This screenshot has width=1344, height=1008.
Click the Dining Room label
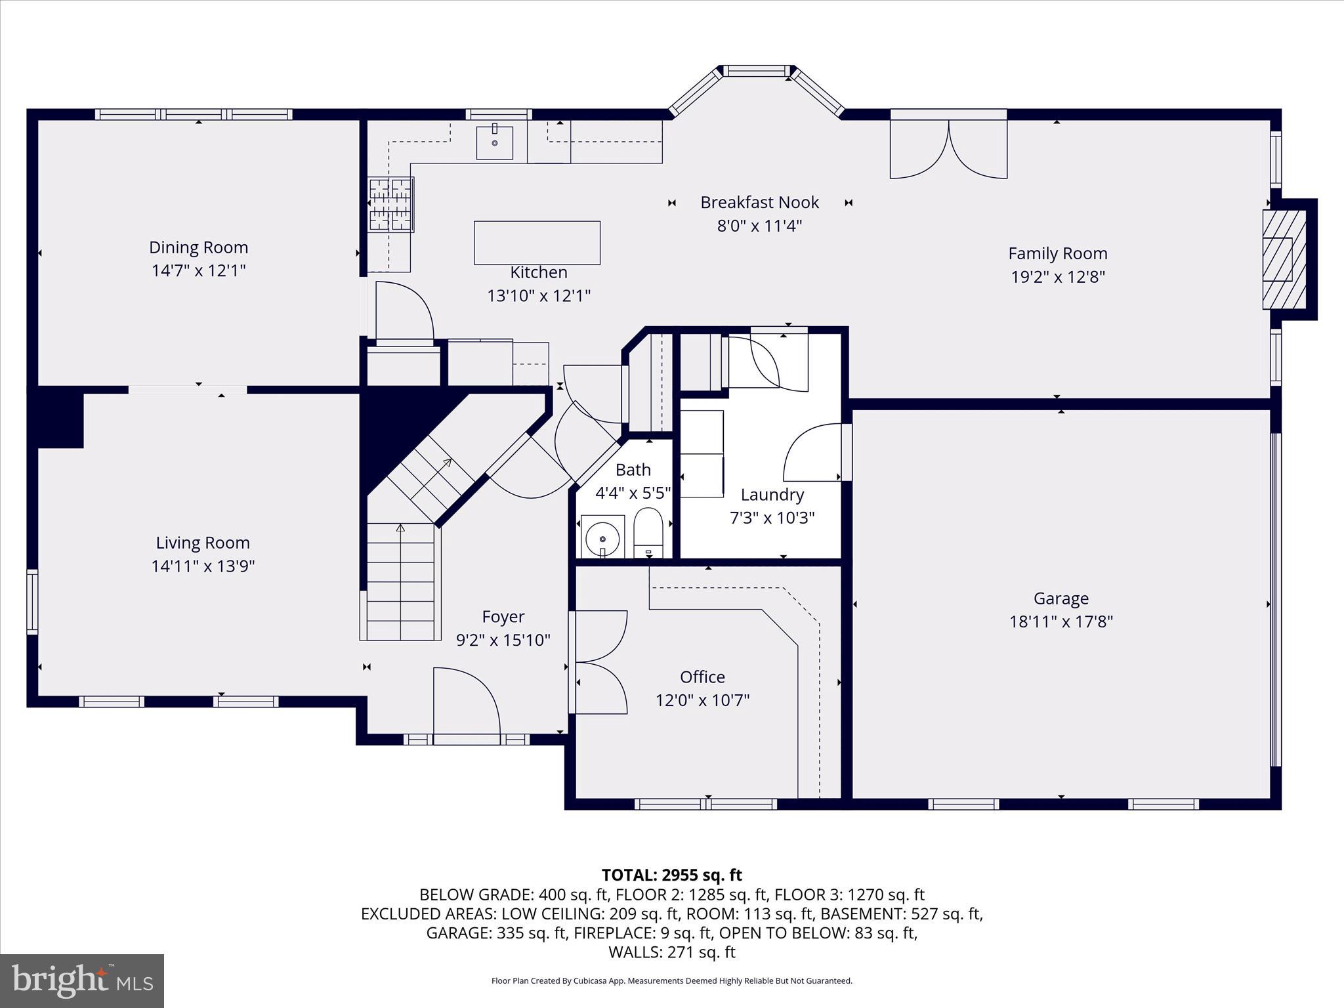click(x=198, y=247)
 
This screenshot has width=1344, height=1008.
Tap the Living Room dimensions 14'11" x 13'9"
click(x=203, y=566)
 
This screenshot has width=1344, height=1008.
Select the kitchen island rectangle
click(x=537, y=243)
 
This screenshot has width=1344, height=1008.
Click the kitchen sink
click(x=494, y=142)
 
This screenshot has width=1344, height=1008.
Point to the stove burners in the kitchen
click(x=391, y=205)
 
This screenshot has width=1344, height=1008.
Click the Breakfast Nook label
click(x=759, y=202)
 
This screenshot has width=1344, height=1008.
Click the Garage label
click(x=1060, y=598)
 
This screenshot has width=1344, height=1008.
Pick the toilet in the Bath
click(x=648, y=532)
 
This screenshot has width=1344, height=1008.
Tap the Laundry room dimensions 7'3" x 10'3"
click(x=772, y=518)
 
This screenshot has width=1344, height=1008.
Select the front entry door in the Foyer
click(x=467, y=705)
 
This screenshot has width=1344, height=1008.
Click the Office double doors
click(x=598, y=661)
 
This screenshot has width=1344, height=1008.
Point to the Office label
click(x=702, y=677)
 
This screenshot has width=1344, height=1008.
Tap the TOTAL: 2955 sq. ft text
click(x=671, y=875)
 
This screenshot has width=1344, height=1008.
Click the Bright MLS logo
click(x=82, y=980)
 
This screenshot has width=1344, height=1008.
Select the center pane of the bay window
click(x=757, y=71)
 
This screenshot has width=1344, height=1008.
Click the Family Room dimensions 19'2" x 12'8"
click(x=1057, y=277)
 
